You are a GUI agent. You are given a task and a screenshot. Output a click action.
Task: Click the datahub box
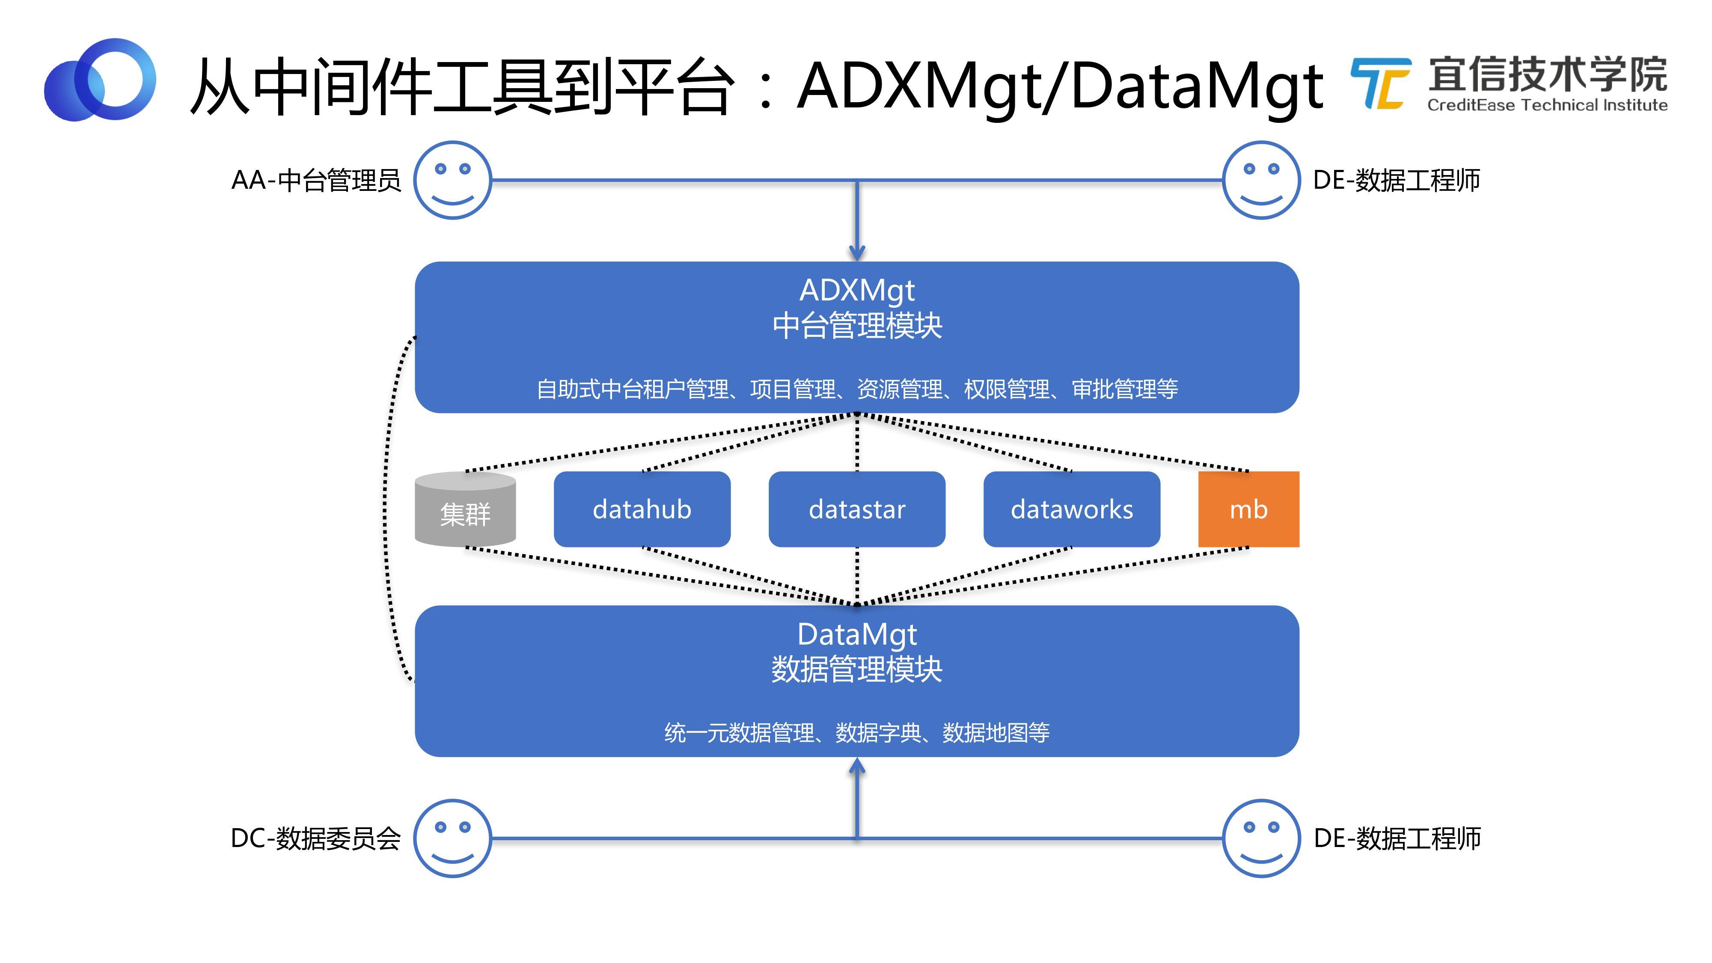click(x=642, y=509)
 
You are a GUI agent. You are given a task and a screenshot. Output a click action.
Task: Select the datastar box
click(x=857, y=509)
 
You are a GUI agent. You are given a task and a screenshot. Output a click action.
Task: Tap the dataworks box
click(x=1071, y=509)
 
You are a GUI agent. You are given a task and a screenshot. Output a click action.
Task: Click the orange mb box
click(x=1248, y=509)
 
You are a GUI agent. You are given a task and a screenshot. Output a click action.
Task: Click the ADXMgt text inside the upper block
click(x=857, y=291)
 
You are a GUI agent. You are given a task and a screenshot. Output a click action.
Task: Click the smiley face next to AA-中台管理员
click(x=452, y=179)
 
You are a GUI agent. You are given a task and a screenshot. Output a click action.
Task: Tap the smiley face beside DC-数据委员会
click(x=452, y=838)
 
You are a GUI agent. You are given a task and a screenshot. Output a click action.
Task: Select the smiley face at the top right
click(x=1261, y=179)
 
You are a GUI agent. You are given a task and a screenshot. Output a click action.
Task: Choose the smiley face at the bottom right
click(x=1261, y=838)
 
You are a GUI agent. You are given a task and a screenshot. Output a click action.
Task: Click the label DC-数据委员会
click(x=316, y=838)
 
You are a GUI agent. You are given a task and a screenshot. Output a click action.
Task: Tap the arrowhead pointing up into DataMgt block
click(x=857, y=767)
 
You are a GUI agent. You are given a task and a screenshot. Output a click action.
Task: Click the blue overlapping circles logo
click(x=100, y=80)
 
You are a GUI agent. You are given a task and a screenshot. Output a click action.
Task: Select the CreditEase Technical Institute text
click(x=1546, y=105)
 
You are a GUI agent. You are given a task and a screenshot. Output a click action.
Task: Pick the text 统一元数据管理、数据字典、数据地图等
click(x=857, y=732)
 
